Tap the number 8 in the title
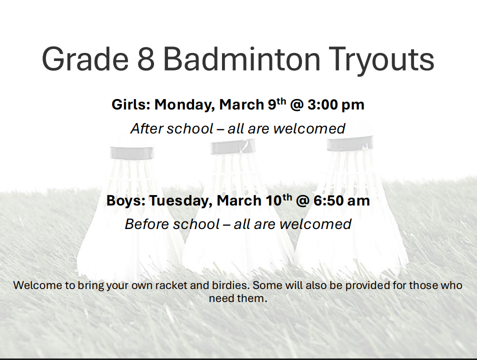click(x=145, y=58)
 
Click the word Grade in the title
click(x=85, y=58)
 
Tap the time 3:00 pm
click(x=336, y=105)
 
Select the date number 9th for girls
click(x=277, y=104)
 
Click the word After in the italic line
click(x=145, y=128)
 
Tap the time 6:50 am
click(x=341, y=201)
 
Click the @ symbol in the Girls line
click(x=297, y=105)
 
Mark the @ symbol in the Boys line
click(x=302, y=201)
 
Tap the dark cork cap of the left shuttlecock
click(x=131, y=153)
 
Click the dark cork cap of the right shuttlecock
click(x=350, y=143)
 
